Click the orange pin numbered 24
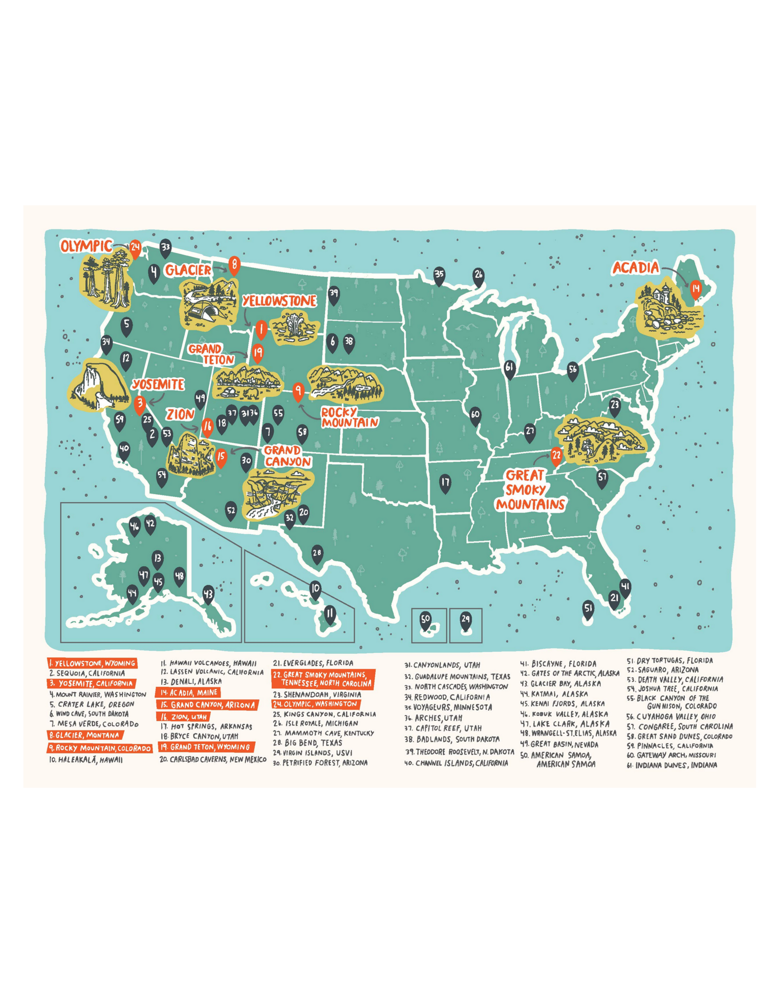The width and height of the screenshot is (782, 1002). pyautogui.click(x=135, y=248)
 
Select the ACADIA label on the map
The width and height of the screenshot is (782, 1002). pyautogui.click(x=635, y=268)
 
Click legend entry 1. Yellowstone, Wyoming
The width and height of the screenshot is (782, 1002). pyautogui.click(x=92, y=663)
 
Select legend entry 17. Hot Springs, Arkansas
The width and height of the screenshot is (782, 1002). pyautogui.click(x=206, y=727)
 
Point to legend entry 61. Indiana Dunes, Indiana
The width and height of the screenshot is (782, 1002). pyautogui.click(x=672, y=765)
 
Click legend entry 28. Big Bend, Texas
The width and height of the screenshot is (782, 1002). pyautogui.click(x=307, y=743)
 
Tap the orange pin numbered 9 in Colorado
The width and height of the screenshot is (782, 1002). pyautogui.click(x=298, y=391)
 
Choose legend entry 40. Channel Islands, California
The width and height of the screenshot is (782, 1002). pyautogui.click(x=456, y=763)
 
